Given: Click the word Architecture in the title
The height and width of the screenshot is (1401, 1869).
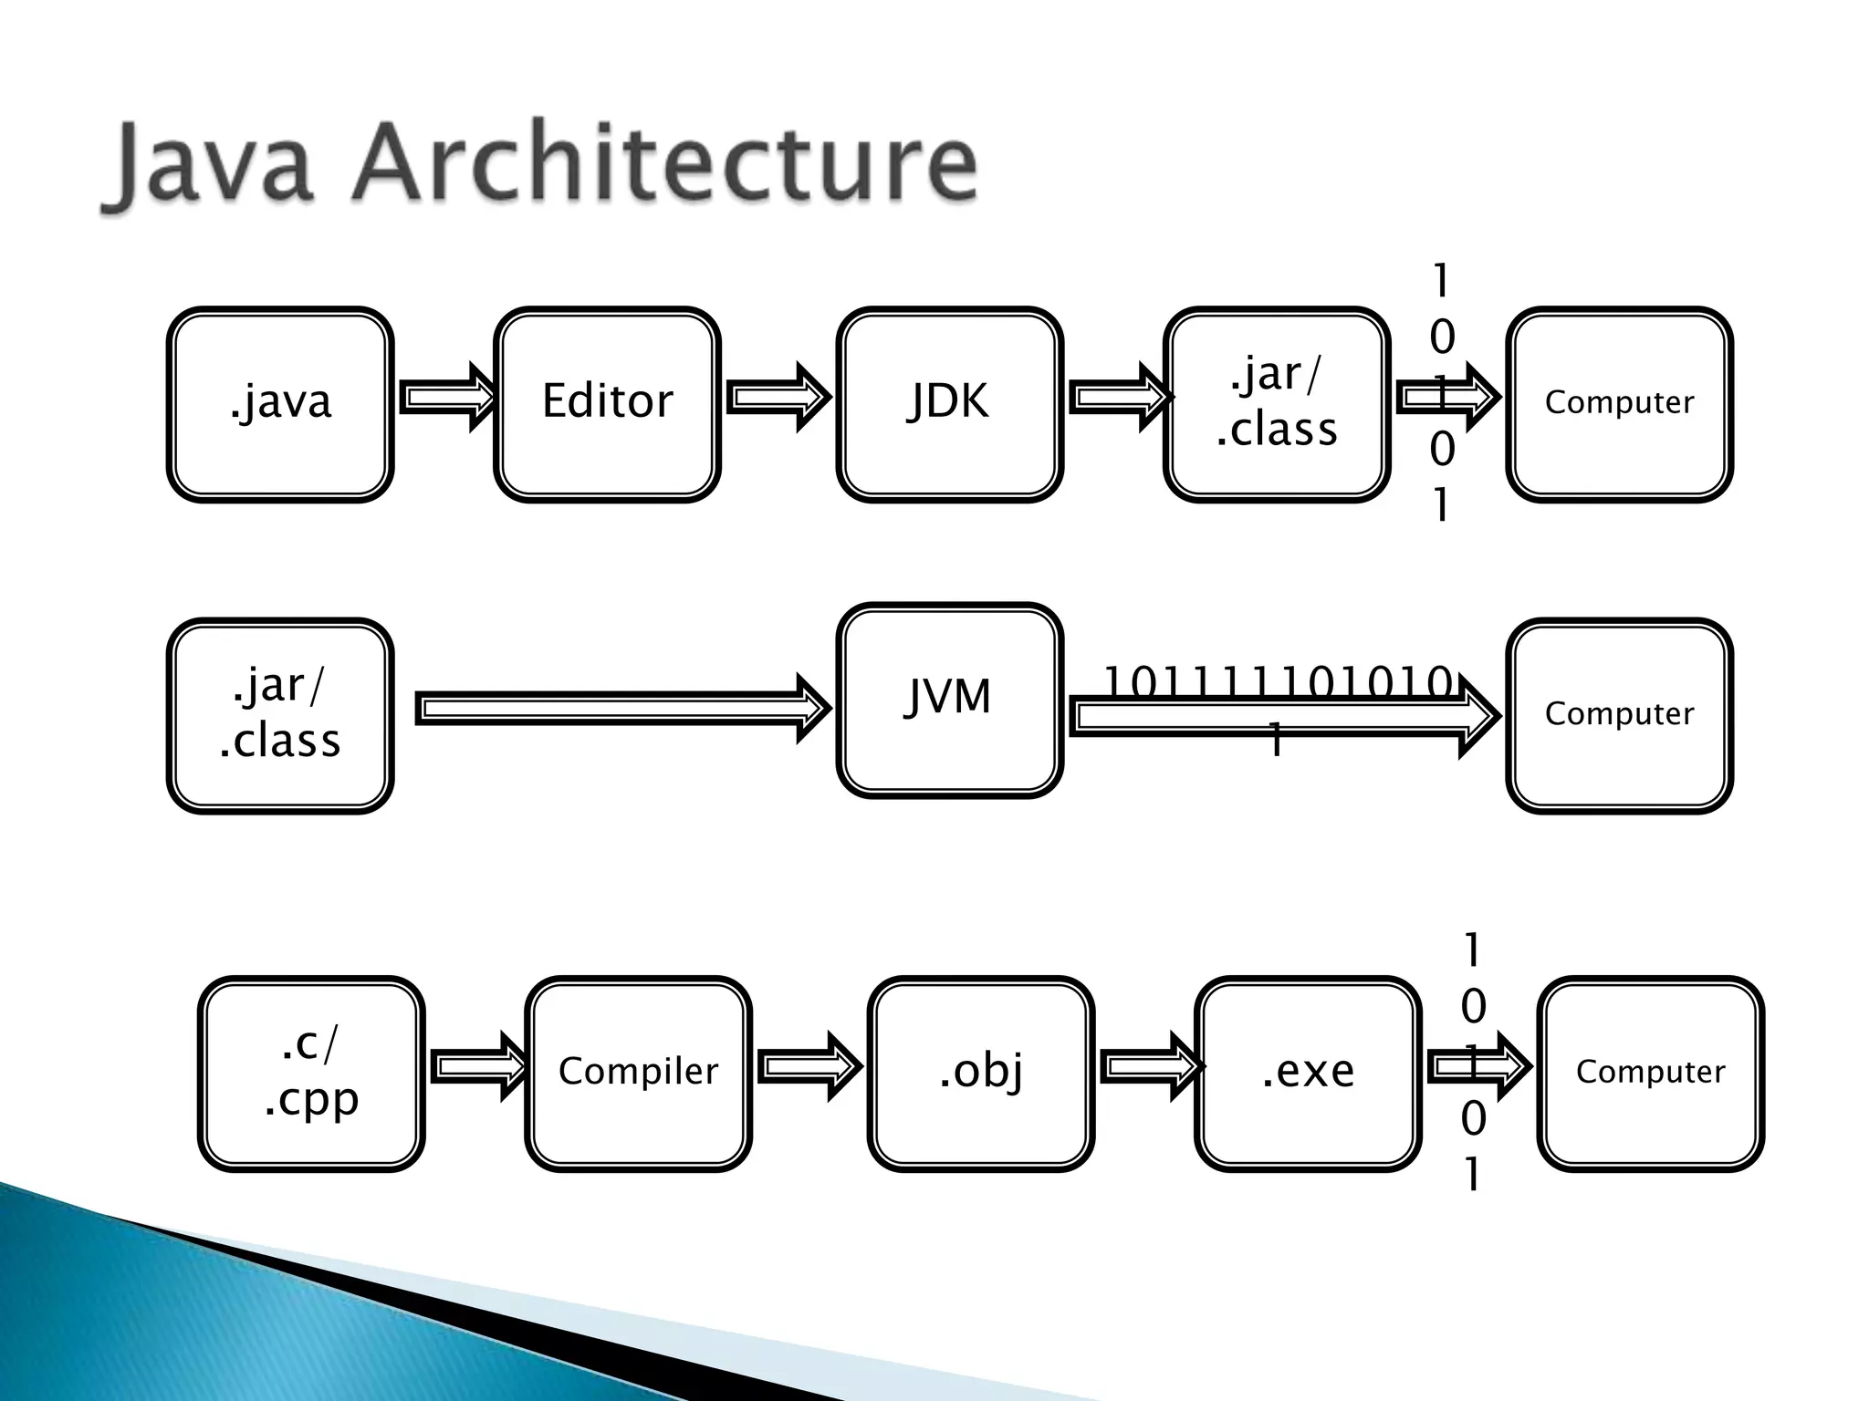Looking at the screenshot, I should pos(664,164).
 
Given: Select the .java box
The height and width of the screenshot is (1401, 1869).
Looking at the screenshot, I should pos(280,403).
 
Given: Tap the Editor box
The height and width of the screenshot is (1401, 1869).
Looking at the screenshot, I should pos(607,403).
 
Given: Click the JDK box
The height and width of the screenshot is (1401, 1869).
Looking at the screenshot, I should pos(949,403).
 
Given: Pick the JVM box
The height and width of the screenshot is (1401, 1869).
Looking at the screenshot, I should pos(949,700).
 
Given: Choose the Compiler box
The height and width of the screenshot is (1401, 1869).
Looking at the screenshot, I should pos(638,1073).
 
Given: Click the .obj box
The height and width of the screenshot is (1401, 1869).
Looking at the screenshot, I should pos(981,1073).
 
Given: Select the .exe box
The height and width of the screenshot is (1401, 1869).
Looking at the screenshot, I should pos(1308,1073).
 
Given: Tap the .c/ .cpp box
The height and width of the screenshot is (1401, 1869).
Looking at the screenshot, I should pos(311,1073).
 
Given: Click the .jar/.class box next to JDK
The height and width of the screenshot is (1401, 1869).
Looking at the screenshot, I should pos(1277,403).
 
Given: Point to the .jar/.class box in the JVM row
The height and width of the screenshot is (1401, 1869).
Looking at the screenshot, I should pos(280,715).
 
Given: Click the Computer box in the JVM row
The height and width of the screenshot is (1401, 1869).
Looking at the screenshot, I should pos(1619,715).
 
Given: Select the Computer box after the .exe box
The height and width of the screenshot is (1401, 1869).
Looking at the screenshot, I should pos(1650,1073).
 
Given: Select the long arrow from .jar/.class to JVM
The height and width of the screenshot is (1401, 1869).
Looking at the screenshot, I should pos(621,709).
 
